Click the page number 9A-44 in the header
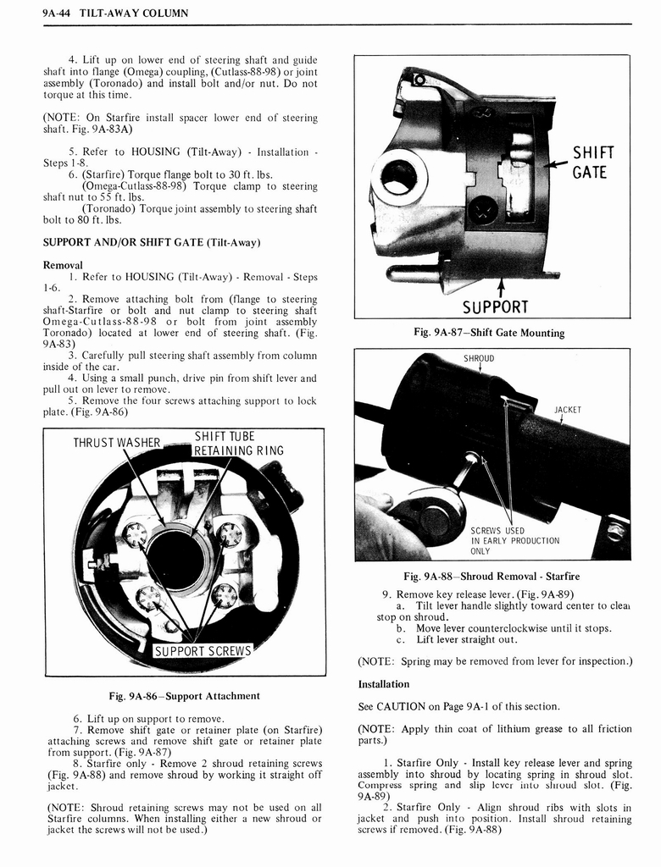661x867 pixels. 58,13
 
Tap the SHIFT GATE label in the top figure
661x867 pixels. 592,163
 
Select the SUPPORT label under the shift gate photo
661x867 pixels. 495,306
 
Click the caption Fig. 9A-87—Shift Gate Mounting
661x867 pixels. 489,333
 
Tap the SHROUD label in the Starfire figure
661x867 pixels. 479,358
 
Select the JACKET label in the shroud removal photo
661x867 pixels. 567,410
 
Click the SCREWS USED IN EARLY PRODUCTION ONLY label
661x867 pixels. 514,541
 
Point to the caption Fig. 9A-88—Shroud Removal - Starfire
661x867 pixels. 492,577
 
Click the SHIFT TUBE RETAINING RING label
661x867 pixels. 238,444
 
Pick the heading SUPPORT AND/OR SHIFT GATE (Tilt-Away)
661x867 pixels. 151,242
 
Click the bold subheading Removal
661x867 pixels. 62,264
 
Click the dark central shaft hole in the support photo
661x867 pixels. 178,561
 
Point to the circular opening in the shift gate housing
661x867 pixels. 398,177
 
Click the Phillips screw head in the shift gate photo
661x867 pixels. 484,208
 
